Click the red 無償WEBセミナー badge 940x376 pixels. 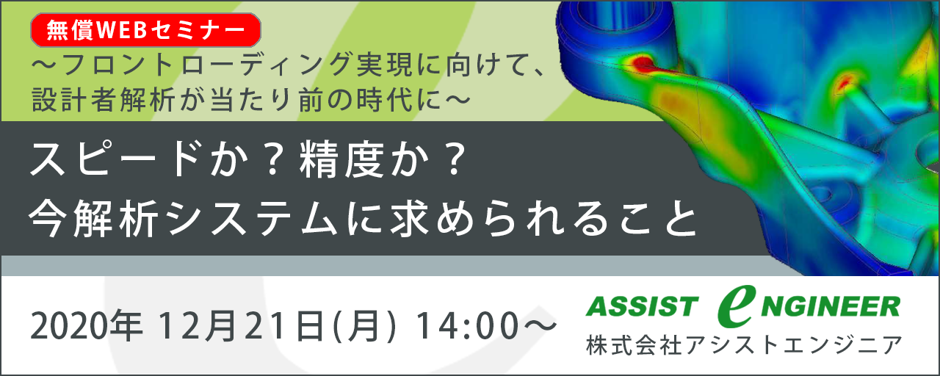[x=145, y=30]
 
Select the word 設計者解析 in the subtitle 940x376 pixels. [x=104, y=101]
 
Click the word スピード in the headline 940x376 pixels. [x=113, y=160]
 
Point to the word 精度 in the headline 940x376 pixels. [x=341, y=160]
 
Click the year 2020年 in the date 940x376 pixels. [x=87, y=327]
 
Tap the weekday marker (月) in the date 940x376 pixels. [x=364, y=327]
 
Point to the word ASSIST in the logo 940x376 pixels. [x=642, y=306]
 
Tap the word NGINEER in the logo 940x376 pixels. [x=831, y=306]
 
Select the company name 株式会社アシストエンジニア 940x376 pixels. [x=744, y=345]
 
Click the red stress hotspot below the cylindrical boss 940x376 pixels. [x=642, y=63]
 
